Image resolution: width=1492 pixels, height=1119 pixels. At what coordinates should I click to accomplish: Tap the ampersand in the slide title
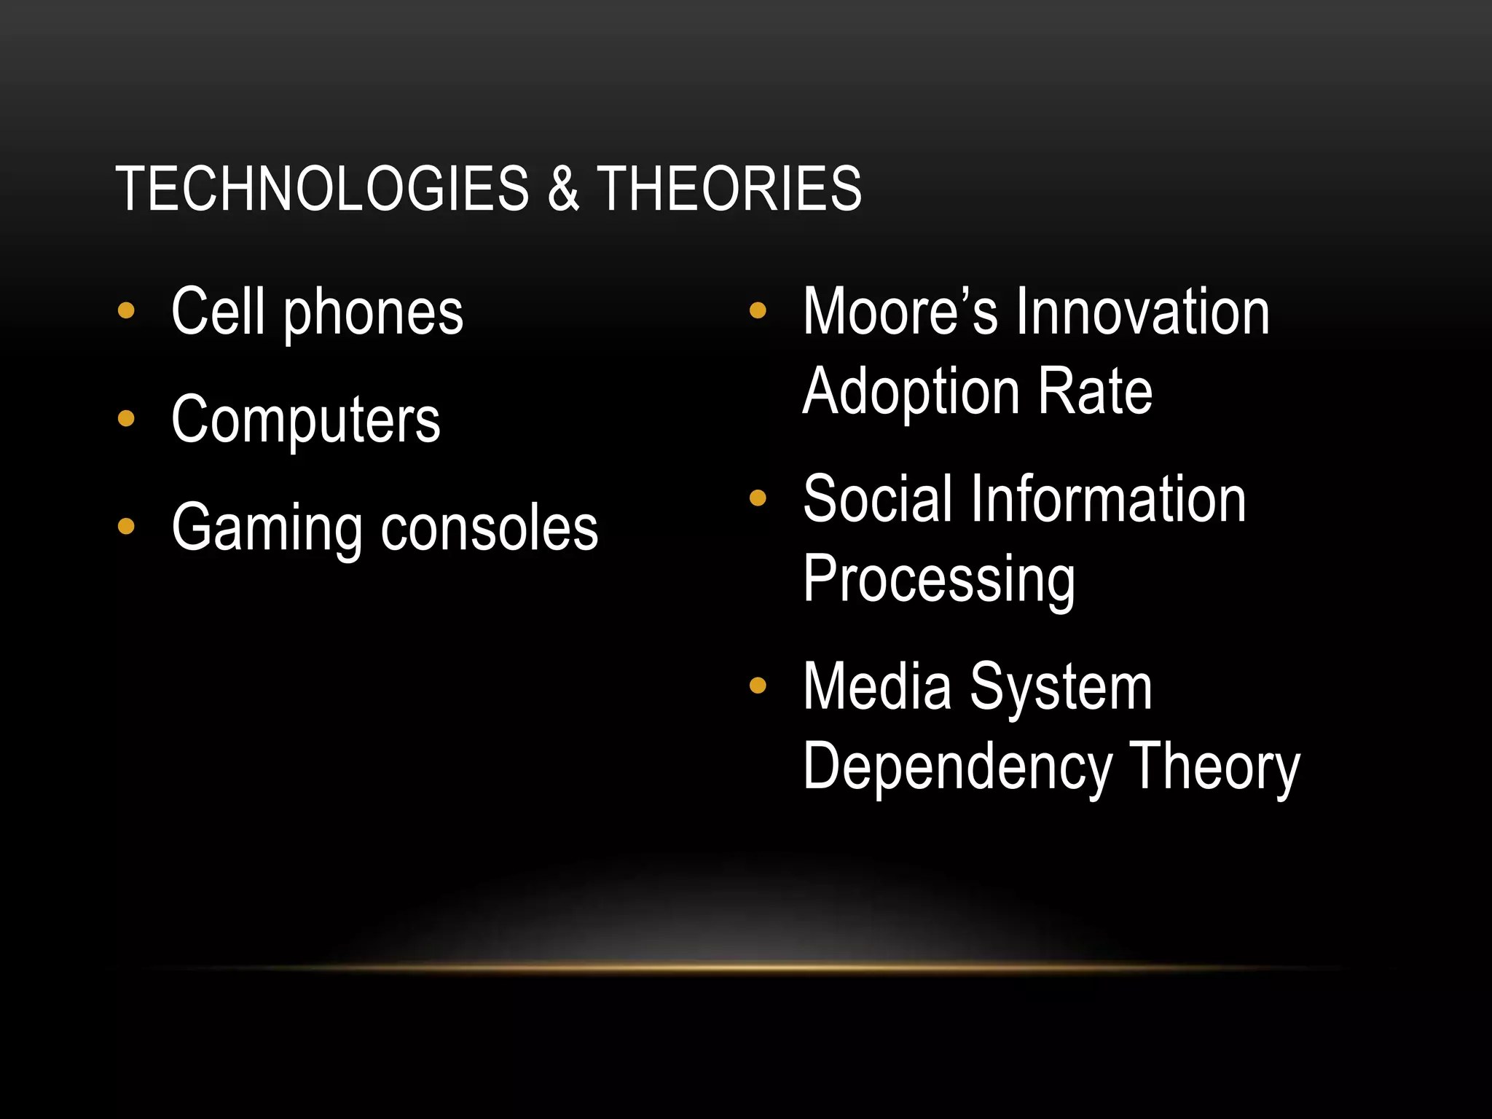(563, 189)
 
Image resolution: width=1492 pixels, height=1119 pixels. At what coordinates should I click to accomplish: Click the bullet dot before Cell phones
(126, 311)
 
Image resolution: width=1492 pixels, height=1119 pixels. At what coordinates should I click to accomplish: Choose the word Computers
(306, 420)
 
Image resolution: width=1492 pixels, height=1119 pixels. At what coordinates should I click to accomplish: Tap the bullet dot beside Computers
(126, 419)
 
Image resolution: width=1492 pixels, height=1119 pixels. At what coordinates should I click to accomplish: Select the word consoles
(490, 527)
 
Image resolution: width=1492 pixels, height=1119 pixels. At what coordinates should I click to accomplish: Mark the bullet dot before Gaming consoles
(126, 526)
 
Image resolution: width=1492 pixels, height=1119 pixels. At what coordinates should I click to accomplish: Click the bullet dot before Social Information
(758, 498)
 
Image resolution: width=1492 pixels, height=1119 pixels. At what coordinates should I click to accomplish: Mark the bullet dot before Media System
(758, 686)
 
